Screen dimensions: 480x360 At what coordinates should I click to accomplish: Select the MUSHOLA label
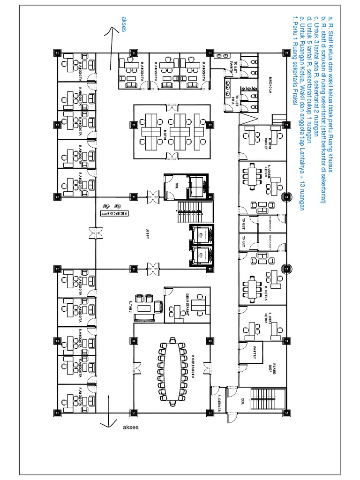(x=270, y=85)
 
